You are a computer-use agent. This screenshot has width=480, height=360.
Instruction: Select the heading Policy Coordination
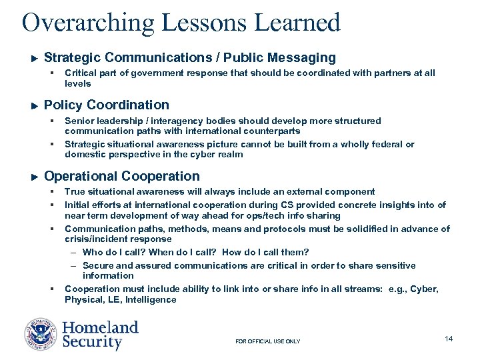click(106, 105)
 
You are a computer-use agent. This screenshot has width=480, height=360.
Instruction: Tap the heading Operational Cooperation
click(121, 176)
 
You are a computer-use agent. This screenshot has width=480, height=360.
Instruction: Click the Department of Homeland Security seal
click(41, 335)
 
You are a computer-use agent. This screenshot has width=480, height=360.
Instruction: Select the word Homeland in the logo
click(100, 327)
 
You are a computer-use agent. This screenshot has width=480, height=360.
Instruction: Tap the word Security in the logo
click(92, 343)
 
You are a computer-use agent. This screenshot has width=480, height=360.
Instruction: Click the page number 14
click(449, 339)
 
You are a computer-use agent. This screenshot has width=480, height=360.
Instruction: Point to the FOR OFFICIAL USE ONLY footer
click(268, 341)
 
